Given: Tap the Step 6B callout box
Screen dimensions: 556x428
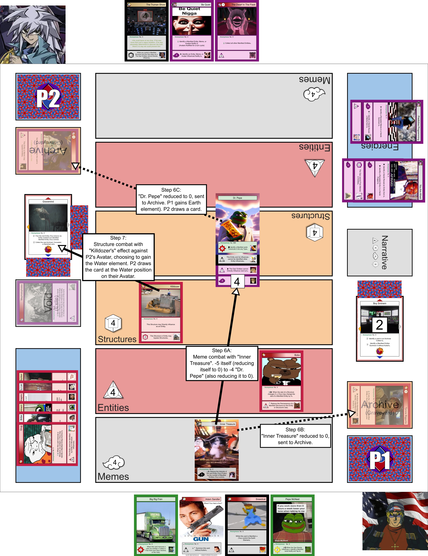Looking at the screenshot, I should [x=295, y=436].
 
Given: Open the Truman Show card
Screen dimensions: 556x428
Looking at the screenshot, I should [x=147, y=31].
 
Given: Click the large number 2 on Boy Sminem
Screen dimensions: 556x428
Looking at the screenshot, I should [x=379, y=325].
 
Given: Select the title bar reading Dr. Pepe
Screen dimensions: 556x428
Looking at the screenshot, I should [x=237, y=198].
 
